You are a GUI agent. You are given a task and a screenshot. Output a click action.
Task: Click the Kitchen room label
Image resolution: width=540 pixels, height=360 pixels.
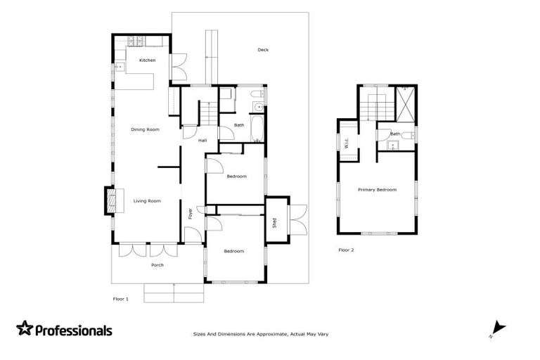click(147, 60)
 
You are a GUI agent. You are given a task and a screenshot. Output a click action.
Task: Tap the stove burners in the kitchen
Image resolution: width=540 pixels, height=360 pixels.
click(134, 41)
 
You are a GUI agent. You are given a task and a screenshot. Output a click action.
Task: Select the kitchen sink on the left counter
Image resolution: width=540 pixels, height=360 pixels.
click(119, 67)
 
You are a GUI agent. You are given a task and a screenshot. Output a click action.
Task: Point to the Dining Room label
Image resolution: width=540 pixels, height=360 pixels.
click(145, 129)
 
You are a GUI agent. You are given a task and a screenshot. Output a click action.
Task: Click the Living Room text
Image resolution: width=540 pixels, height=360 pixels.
click(147, 201)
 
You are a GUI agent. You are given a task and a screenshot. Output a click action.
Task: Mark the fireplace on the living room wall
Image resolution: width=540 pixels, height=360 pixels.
click(110, 200)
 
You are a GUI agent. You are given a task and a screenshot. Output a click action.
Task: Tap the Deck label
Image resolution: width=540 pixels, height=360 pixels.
click(263, 50)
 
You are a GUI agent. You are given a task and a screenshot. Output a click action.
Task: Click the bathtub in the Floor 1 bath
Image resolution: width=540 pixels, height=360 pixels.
click(257, 129)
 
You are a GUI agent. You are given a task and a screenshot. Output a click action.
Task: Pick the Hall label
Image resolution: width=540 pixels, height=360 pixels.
click(202, 141)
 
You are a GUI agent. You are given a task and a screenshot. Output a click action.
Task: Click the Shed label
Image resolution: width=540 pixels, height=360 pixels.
click(274, 223)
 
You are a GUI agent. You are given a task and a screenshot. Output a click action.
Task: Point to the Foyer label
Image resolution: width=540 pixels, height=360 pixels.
click(191, 214)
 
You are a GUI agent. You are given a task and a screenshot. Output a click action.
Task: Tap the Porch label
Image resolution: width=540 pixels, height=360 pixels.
click(157, 265)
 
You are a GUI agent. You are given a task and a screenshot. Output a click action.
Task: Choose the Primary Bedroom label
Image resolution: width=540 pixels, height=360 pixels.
click(377, 190)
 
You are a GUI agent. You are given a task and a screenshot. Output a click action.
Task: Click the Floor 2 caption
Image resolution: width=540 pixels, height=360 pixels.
click(346, 250)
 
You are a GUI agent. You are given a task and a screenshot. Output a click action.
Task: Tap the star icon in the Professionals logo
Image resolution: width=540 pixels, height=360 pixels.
click(25, 328)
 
